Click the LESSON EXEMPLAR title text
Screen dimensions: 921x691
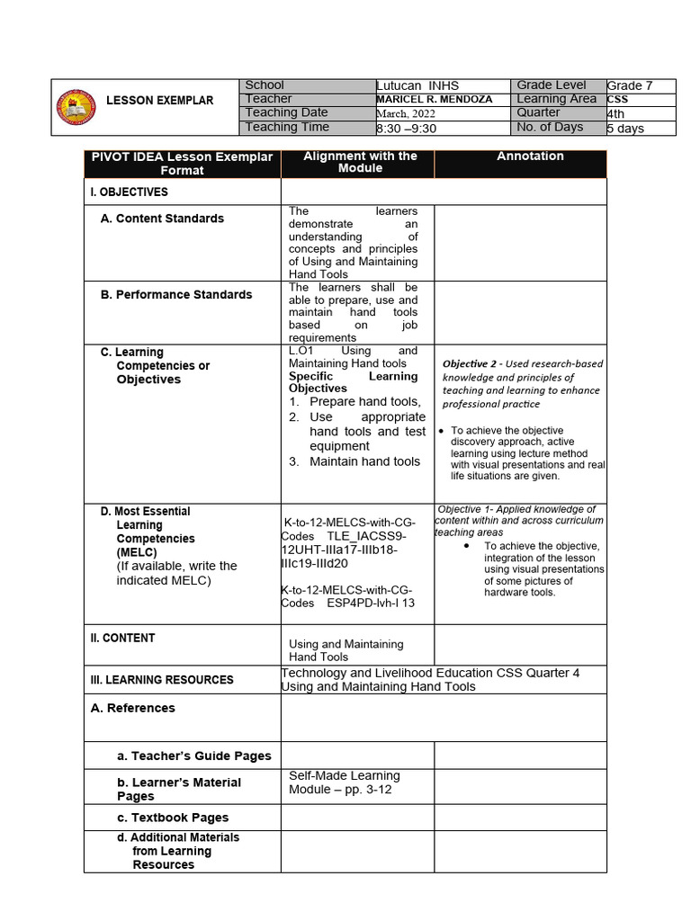coord(159,100)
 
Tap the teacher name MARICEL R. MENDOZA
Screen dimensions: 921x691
coord(434,99)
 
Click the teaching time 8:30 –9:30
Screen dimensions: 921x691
coord(406,128)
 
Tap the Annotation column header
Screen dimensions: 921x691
coord(530,156)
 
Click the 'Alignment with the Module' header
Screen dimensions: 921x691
coord(360,162)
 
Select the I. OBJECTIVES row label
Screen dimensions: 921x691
coord(129,192)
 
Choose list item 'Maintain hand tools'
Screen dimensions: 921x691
coord(364,461)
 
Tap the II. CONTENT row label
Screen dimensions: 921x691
coord(123,638)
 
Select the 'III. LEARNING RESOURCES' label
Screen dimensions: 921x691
coord(162,680)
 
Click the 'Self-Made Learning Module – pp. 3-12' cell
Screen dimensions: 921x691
coord(345,782)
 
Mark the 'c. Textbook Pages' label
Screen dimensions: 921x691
coord(173,818)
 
